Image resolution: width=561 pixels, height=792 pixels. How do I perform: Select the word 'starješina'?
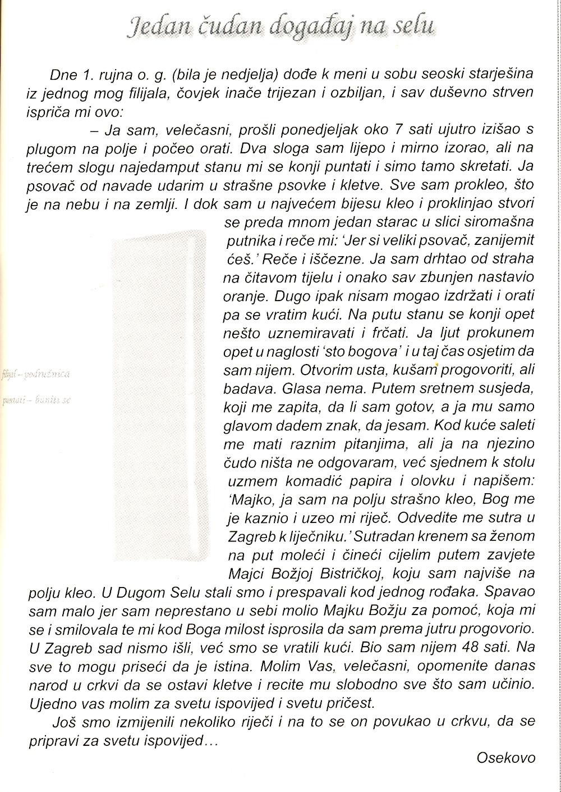click(x=496, y=74)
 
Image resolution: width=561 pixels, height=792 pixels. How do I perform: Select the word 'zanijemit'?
click(x=507, y=240)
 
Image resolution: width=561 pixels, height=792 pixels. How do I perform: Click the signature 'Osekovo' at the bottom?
click(x=505, y=758)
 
